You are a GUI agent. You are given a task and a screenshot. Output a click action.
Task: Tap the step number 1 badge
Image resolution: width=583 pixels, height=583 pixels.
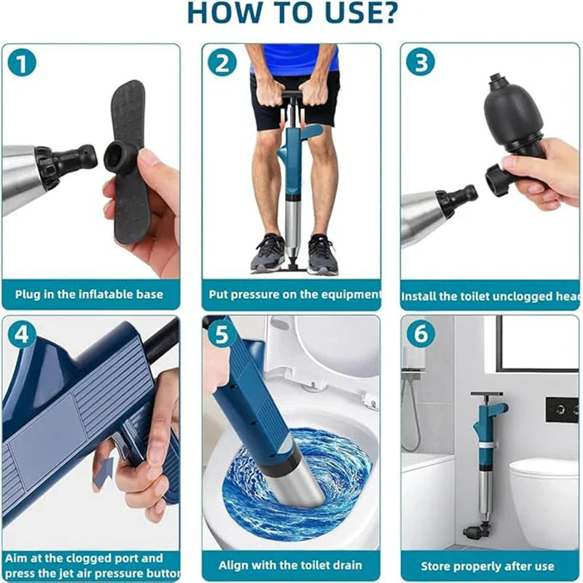tap(22, 63)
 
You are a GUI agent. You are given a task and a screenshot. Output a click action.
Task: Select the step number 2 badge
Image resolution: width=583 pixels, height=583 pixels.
tap(222, 63)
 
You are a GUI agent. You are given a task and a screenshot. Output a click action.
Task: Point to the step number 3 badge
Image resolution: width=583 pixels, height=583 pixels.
tap(420, 63)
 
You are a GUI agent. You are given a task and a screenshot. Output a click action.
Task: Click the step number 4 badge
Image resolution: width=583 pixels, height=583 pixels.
tap(22, 335)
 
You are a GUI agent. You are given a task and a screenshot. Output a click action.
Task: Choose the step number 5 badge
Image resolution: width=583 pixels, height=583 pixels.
tap(222, 335)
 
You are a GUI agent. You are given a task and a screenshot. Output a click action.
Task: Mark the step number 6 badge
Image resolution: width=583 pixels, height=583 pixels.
tap(420, 335)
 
